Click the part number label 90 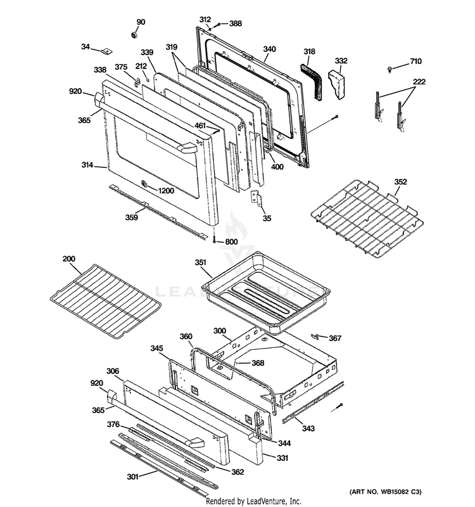point(141,22)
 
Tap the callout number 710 point(415,61)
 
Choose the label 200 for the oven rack point(68,259)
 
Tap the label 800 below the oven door point(231,241)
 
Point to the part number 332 point(341,61)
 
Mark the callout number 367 point(335,338)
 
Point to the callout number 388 point(235,23)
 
